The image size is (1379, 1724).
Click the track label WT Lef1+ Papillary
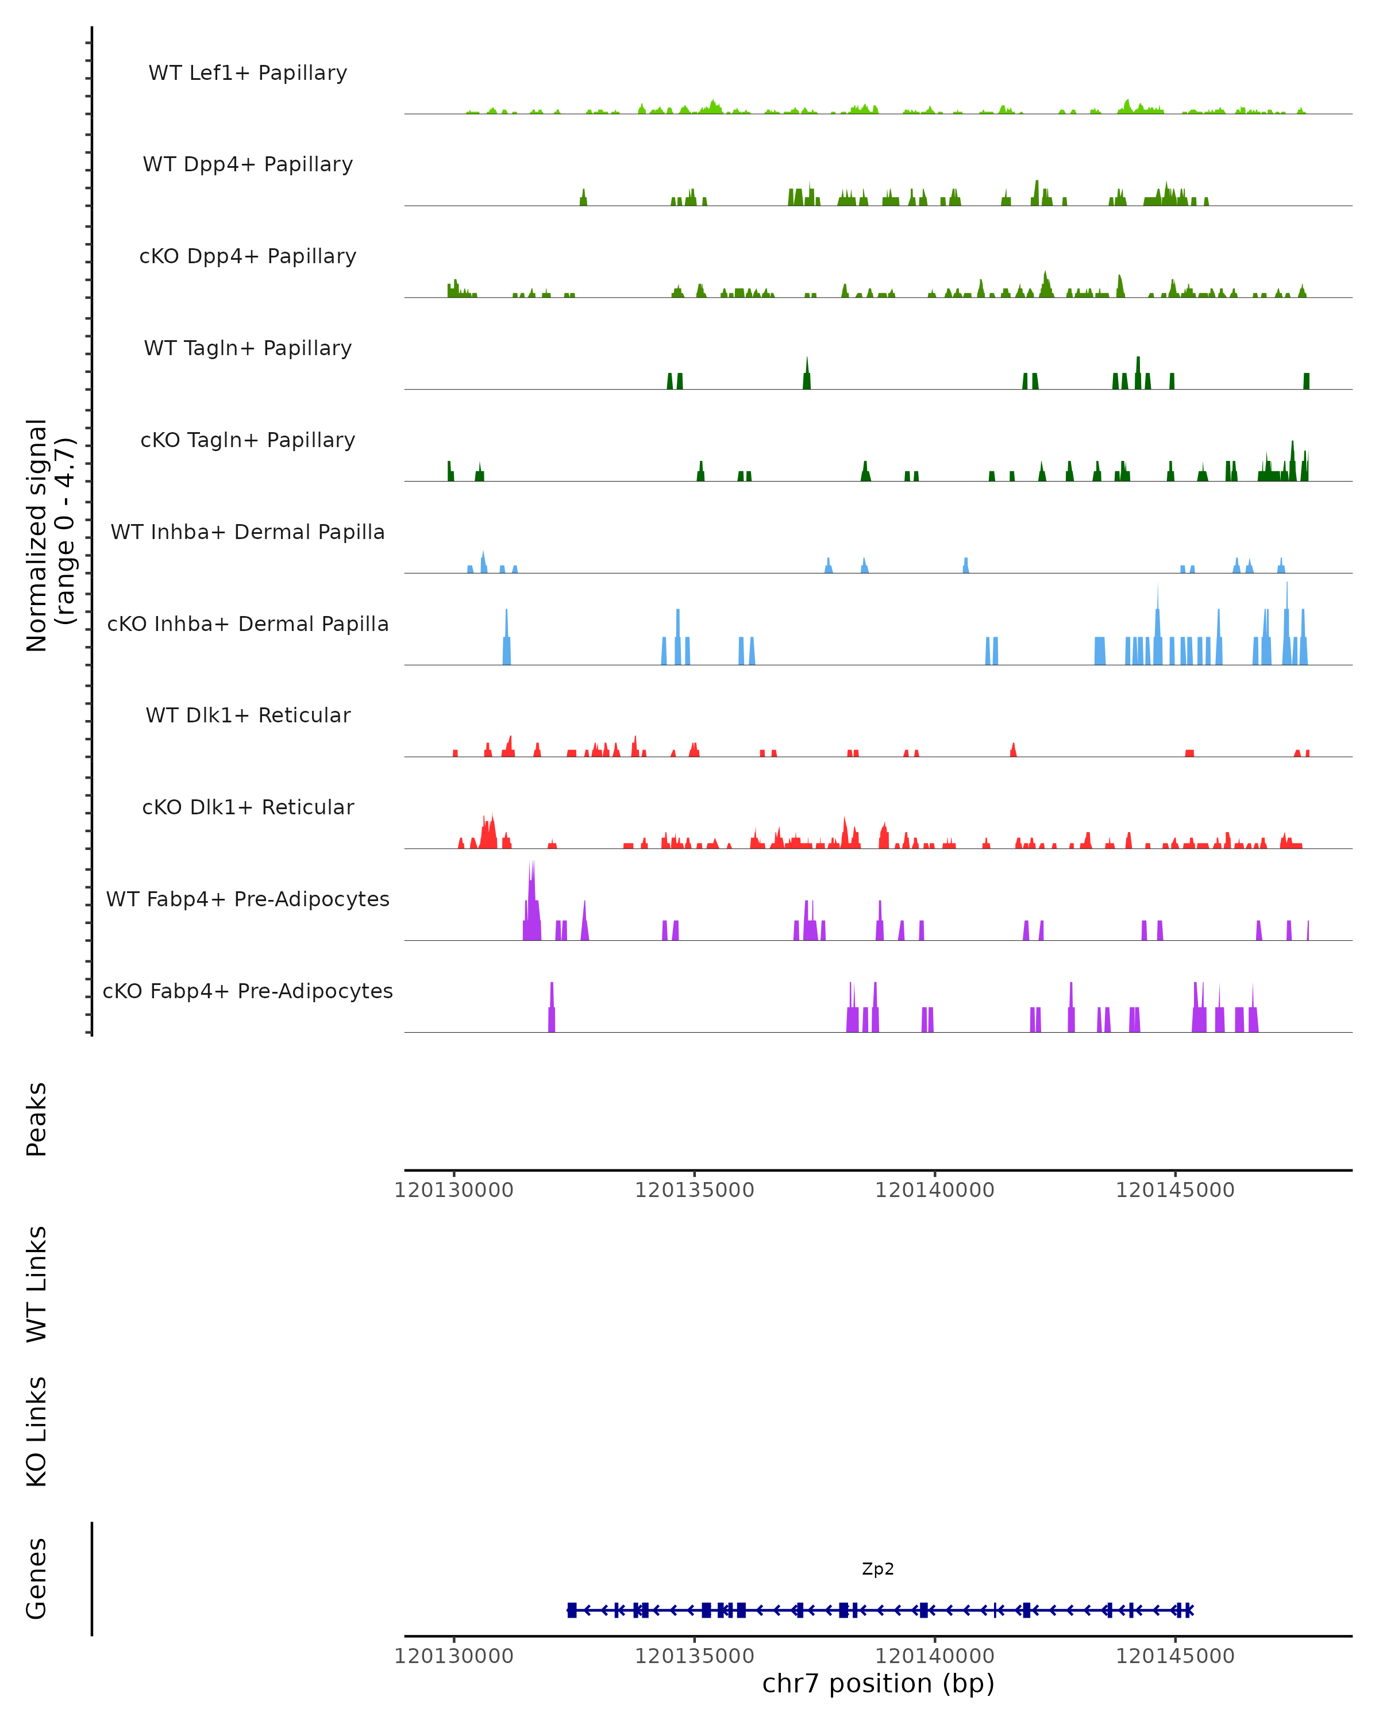248,73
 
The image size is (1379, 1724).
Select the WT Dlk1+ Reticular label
248,715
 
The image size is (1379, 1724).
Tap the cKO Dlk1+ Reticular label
248,807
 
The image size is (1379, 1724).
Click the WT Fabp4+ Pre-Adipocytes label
248,899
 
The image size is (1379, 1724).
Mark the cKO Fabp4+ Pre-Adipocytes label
248,991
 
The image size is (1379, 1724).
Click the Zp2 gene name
878,1569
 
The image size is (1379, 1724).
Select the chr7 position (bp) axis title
878,1683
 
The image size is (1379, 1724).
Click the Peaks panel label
37,1119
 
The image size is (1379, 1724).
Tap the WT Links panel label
37,1283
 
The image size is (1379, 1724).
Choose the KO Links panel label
37,1431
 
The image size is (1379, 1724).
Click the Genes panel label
37,1579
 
